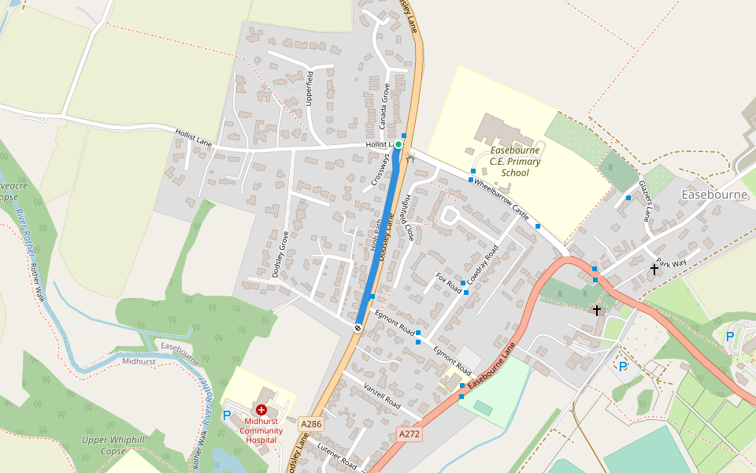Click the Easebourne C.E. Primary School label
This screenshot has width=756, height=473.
(515, 161)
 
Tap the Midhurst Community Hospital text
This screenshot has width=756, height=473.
(261, 430)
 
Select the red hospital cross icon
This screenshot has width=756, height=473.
(261, 411)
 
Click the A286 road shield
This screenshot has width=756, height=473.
(311, 424)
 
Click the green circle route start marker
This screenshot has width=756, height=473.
(398, 144)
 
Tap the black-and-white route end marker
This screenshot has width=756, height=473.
(358, 327)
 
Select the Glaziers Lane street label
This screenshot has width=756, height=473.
(647, 200)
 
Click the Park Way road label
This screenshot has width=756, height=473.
(671, 263)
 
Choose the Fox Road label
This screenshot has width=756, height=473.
(448, 284)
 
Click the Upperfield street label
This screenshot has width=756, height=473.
(309, 88)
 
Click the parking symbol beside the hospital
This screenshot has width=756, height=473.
(228, 415)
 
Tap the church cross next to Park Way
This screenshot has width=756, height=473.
(654, 270)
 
